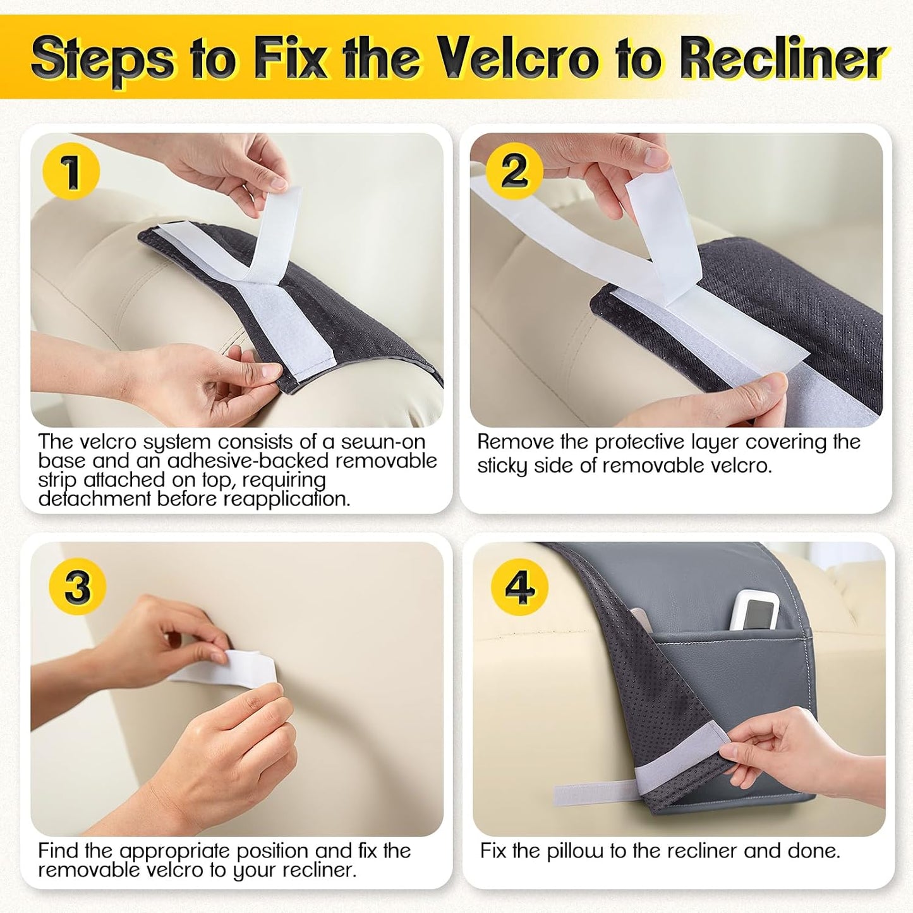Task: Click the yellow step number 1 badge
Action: coord(71,171)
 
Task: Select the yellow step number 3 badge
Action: coord(78,586)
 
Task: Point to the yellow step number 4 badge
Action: coord(520,588)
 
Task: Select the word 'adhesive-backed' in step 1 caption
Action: coord(251,461)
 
